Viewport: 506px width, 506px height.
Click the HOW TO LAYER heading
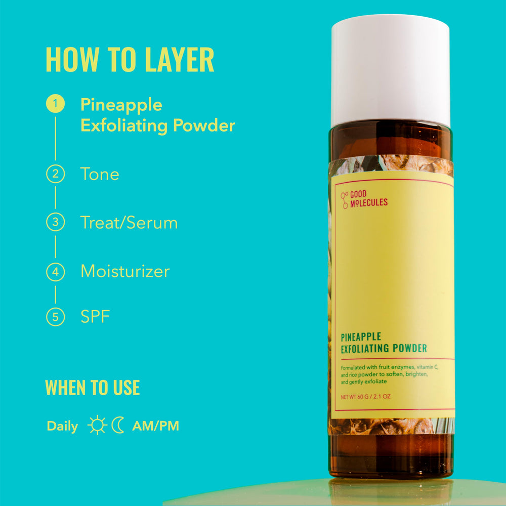130,60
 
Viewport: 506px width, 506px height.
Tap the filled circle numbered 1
55,104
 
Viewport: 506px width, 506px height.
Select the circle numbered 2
55,174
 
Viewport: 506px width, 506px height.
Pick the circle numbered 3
55,223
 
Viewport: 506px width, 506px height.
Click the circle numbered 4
55,272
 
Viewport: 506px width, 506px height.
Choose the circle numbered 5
55,317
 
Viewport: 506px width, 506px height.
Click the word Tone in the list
100,174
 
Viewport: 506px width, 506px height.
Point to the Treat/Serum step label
129,223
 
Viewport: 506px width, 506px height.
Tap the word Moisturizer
125,272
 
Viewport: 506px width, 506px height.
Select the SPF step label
95,317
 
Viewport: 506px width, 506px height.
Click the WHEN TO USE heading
93,388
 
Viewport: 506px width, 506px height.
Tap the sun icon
97,426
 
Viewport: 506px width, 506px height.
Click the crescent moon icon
118,426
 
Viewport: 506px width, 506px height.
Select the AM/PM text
155,426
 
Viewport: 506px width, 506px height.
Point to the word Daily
62,426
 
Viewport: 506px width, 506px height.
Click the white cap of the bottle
390,71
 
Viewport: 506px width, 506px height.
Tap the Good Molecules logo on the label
364,199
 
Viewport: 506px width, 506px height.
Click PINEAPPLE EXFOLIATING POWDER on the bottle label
384,343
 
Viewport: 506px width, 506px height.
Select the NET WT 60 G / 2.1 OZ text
365,396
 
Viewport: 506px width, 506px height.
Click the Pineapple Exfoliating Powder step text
157,115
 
